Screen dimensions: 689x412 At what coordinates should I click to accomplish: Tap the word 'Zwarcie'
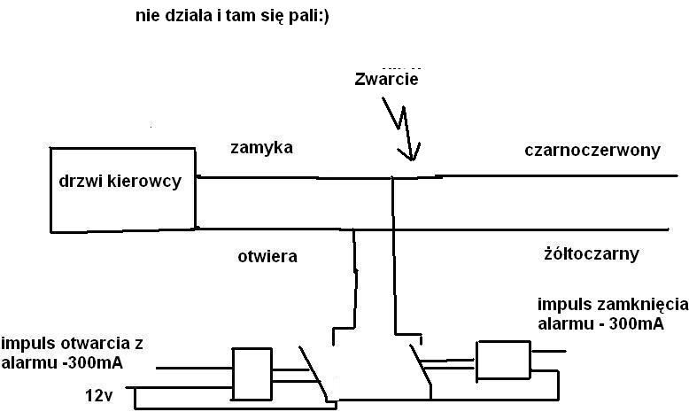click(386, 79)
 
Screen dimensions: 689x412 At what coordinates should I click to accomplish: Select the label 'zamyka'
click(261, 147)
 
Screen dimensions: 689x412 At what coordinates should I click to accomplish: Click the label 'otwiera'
click(267, 256)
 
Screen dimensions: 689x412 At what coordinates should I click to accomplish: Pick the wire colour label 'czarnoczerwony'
click(592, 151)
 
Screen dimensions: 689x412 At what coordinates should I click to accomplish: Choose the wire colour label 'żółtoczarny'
click(592, 253)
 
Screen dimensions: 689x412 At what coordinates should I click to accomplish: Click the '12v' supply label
click(99, 396)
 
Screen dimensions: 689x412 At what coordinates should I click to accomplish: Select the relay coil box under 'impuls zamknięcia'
click(504, 360)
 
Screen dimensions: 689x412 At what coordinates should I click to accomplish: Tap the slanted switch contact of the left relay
click(313, 372)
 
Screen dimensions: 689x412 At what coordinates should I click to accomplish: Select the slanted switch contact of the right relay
click(421, 366)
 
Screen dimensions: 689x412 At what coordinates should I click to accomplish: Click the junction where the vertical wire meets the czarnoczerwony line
click(392, 177)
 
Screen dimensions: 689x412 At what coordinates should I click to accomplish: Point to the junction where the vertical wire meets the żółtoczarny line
click(353, 229)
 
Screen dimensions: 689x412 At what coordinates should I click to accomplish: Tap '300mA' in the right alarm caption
click(636, 324)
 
